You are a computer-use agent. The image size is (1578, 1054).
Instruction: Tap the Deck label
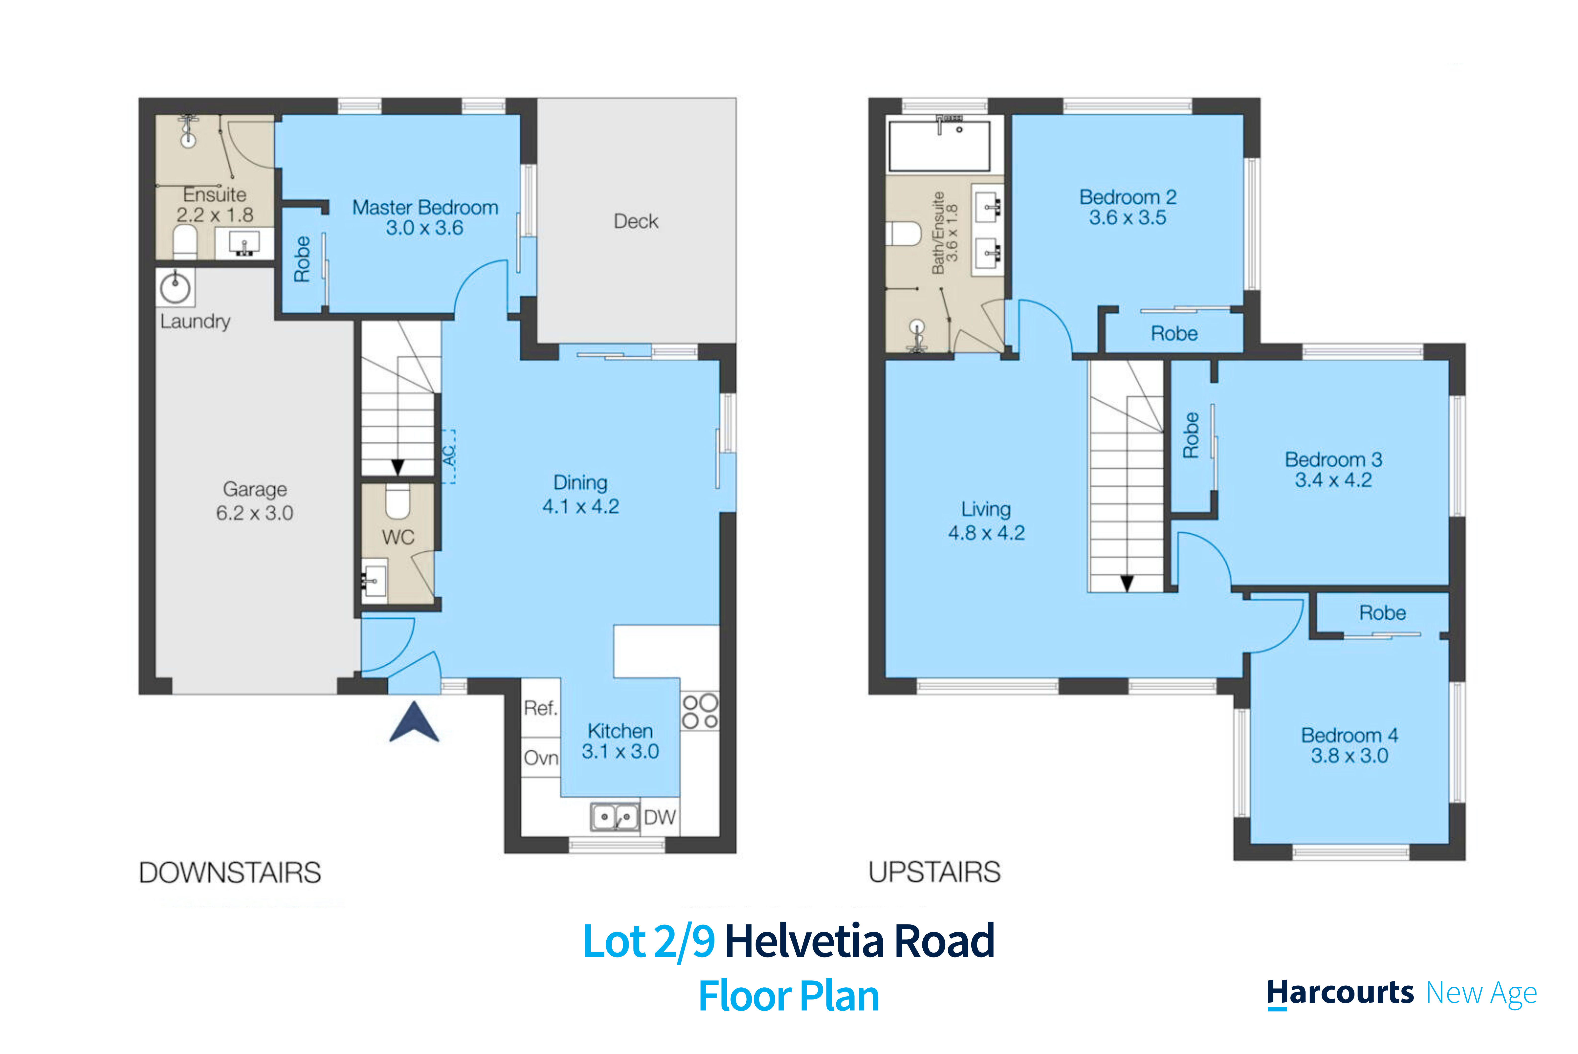[x=636, y=221]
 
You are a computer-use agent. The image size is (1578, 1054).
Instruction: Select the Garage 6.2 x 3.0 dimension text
[x=255, y=513]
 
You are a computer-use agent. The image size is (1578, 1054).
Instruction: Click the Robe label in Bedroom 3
[x=1191, y=436]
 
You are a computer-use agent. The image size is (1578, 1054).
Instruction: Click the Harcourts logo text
[x=1340, y=994]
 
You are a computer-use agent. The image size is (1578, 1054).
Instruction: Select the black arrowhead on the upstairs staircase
[x=1127, y=583]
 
